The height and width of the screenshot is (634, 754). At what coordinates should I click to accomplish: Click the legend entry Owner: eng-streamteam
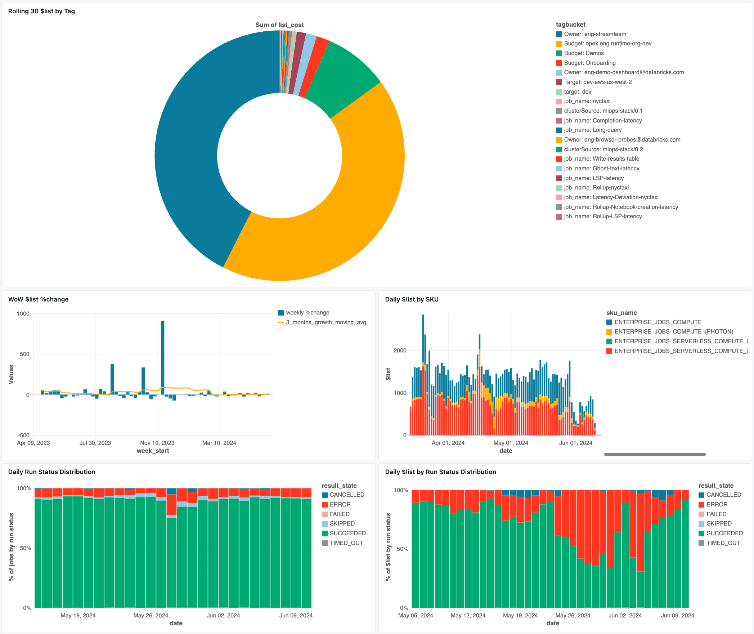[595, 34]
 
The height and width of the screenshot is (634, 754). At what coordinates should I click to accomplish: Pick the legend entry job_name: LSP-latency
[593, 178]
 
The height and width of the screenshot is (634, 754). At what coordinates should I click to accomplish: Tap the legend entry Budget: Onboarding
[589, 63]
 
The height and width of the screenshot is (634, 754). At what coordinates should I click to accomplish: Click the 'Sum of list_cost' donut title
[279, 25]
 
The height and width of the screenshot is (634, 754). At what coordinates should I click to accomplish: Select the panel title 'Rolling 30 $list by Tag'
[41, 11]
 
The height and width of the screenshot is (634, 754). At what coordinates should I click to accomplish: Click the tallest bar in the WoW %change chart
[163, 357]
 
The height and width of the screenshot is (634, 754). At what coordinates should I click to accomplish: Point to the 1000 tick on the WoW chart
[23, 313]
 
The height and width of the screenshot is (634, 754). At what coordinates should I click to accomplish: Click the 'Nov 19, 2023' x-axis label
[157, 443]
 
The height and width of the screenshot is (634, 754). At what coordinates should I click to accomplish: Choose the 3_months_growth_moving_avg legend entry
[326, 322]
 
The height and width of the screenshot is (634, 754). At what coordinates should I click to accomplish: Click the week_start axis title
[153, 451]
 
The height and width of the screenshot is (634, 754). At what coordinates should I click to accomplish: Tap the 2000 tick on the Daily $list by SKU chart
[400, 351]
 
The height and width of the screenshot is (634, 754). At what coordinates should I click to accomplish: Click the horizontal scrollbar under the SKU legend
[655, 454]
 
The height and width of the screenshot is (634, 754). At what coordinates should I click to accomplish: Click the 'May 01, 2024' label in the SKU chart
[511, 443]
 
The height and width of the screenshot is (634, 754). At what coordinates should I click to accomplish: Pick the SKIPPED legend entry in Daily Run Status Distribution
[342, 524]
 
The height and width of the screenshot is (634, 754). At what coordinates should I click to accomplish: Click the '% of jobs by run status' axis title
[12, 547]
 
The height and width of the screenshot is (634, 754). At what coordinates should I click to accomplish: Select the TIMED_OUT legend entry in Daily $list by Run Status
[723, 543]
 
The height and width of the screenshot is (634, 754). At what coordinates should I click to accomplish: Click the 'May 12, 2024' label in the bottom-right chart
[468, 615]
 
